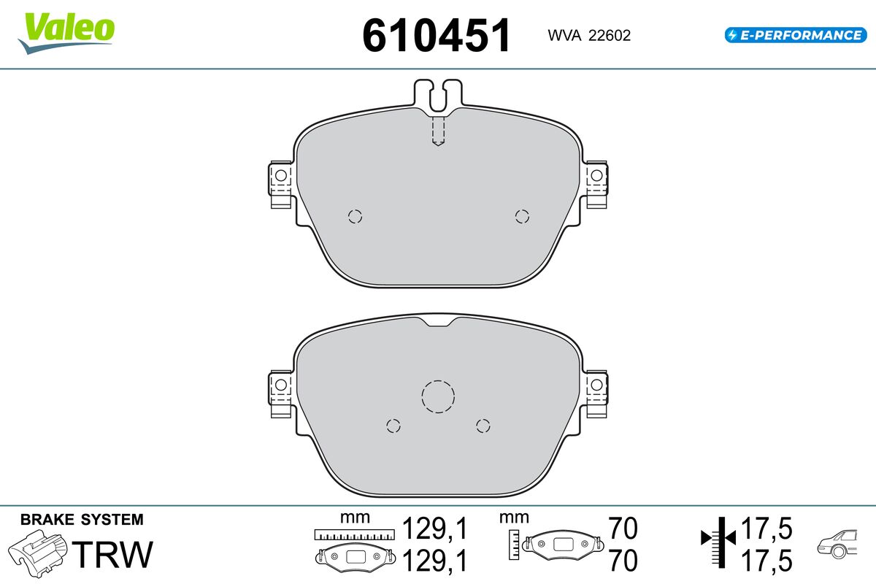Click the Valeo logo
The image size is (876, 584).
(66, 33)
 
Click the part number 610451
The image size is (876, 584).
(437, 35)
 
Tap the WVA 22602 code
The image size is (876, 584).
(589, 36)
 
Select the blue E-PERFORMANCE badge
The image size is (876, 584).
(796, 35)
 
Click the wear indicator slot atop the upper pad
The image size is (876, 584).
(438, 96)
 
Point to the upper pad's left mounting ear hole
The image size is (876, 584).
(281, 176)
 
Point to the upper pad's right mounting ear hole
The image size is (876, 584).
(596, 176)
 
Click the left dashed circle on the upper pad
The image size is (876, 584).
(355, 216)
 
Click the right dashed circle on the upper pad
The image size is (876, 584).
(522, 216)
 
